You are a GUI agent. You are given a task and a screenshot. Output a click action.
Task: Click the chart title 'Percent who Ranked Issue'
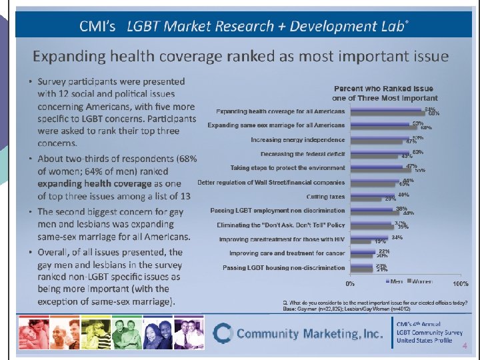tap(383, 89)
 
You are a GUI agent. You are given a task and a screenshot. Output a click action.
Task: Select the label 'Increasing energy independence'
tap(298, 140)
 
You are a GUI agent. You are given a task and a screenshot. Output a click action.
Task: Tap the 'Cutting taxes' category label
tap(325, 197)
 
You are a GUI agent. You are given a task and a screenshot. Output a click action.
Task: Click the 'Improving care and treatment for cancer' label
tap(287, 253)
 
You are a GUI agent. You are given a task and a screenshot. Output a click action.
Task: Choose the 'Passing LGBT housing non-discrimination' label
tap(284, 267)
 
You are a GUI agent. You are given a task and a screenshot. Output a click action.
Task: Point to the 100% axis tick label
tap(460, 283)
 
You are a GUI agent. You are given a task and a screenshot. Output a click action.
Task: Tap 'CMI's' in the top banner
tap(98, 26)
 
